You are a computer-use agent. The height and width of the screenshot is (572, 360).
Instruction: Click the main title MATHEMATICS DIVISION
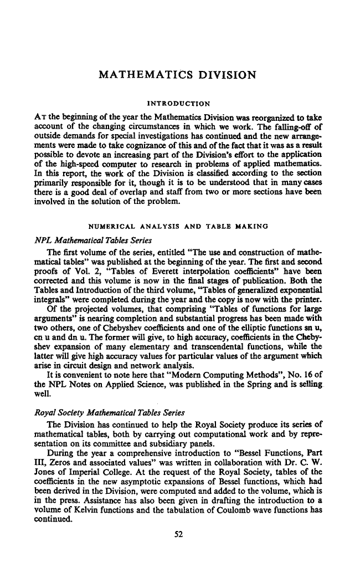177,74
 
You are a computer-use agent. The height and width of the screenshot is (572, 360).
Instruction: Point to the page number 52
178,534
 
